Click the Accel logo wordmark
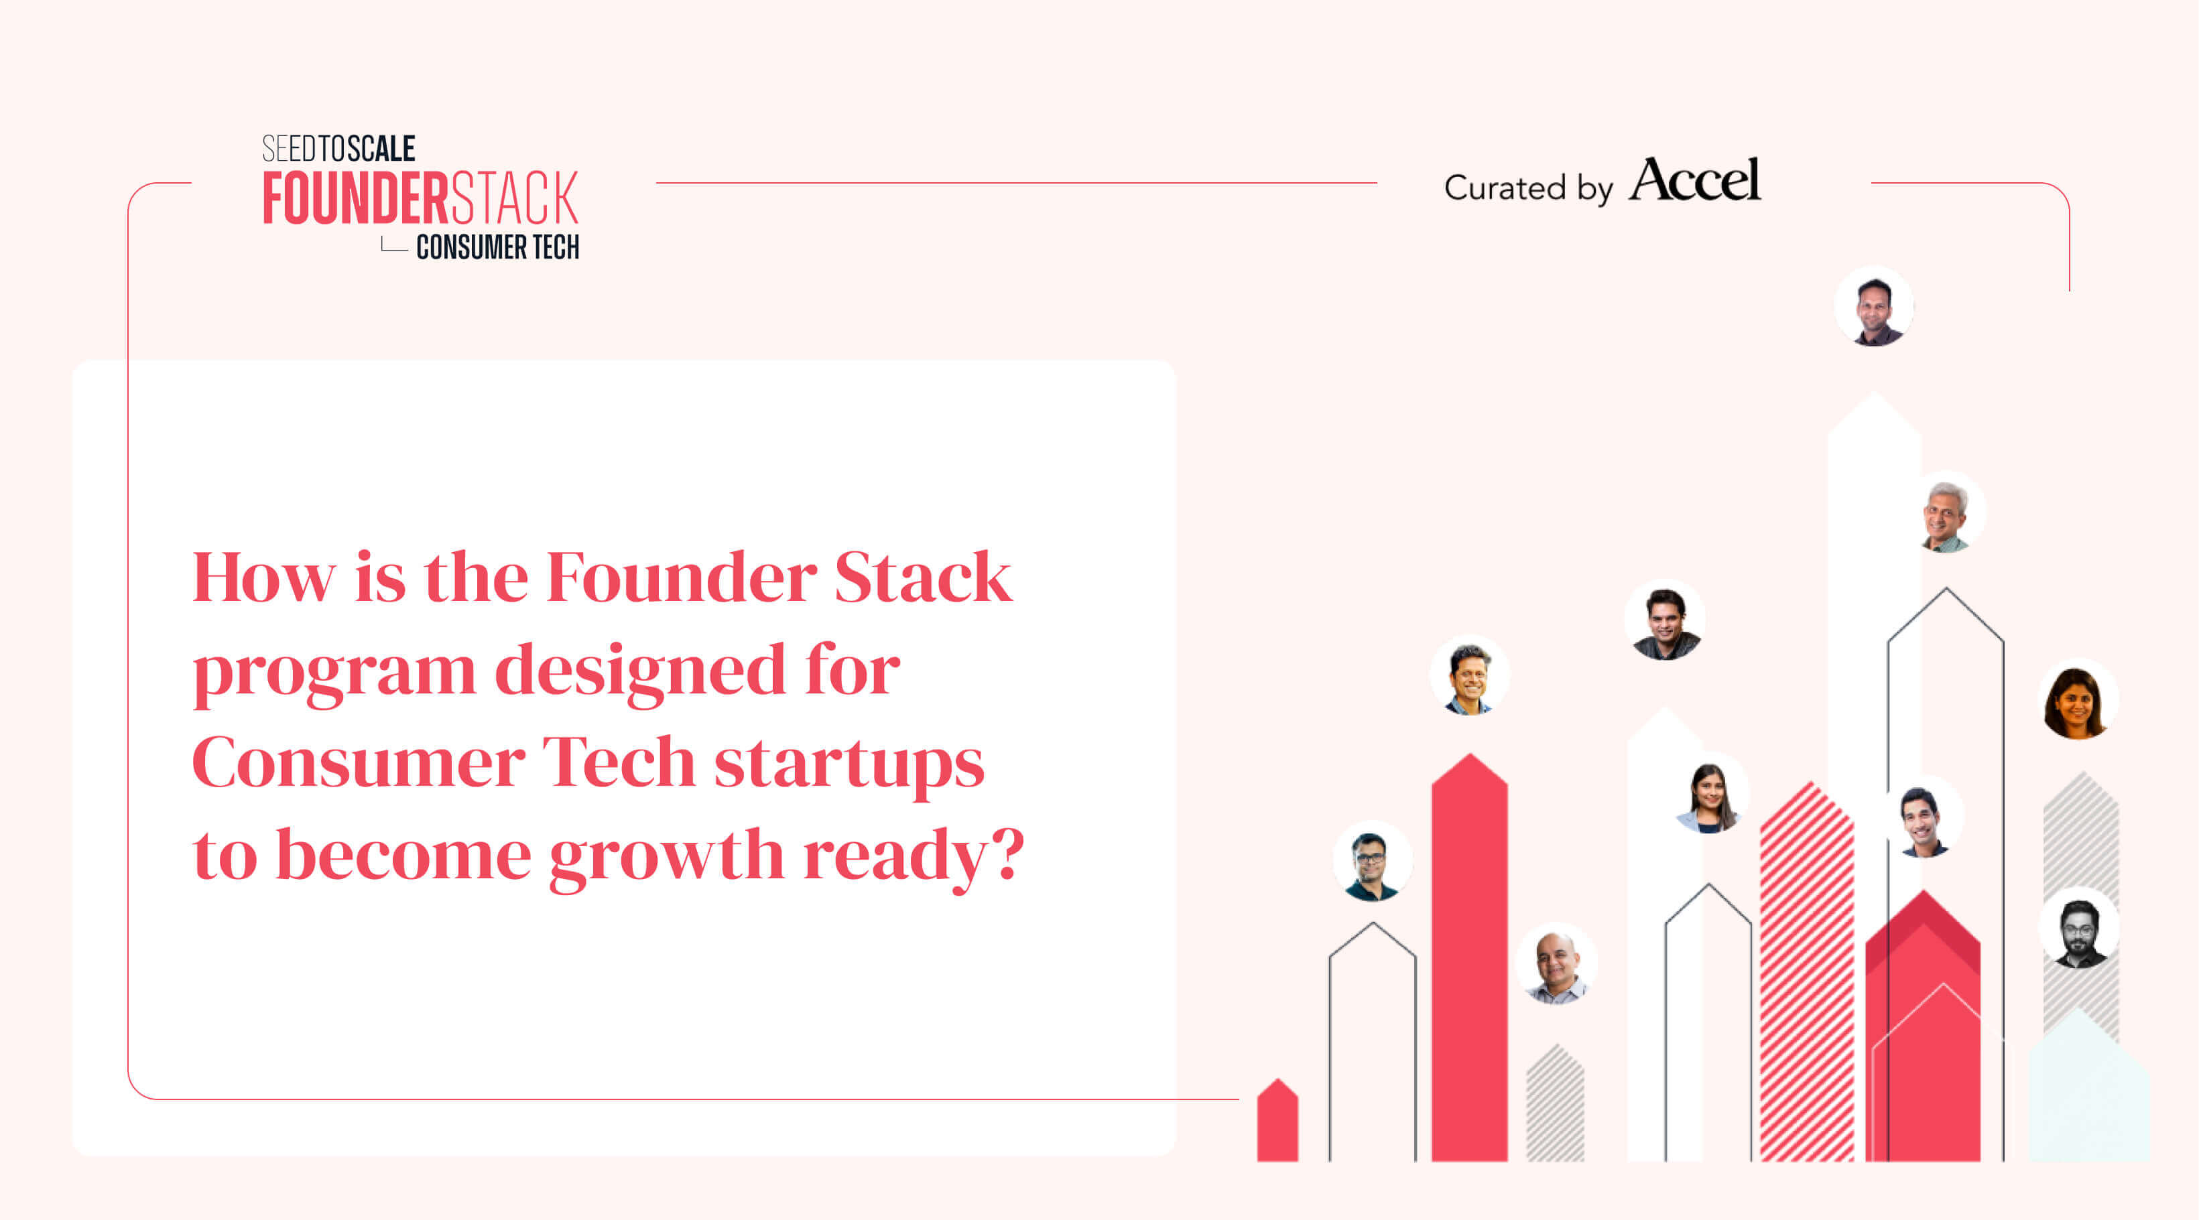point(1694,180)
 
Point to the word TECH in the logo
point(556,247)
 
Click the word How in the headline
point(264,578)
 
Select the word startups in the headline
point(849,762)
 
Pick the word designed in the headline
point(639,671)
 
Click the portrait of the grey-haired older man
point(1944,515)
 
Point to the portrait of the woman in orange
point(2076,701)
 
